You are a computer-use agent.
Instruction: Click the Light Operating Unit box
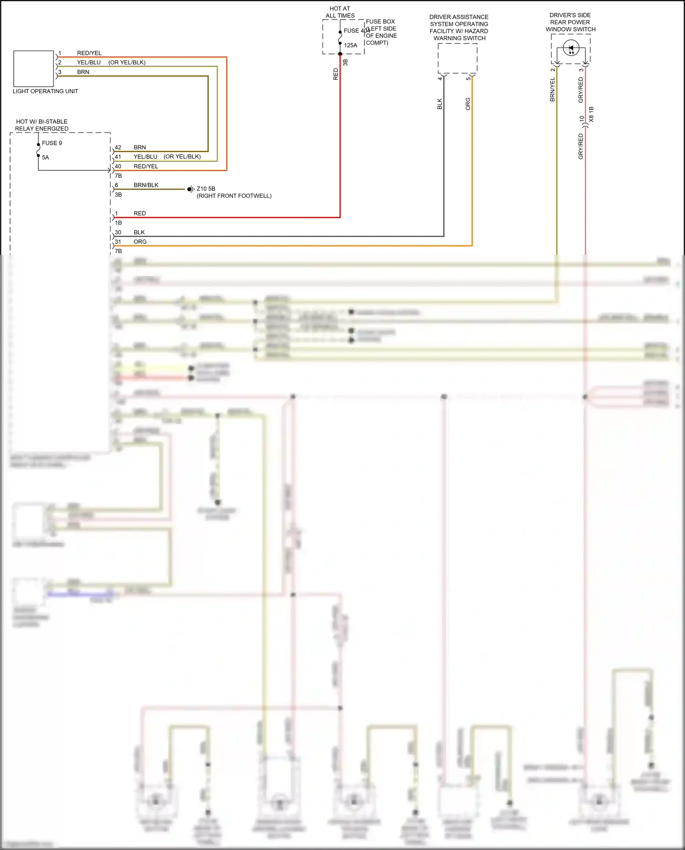tap(33, 69)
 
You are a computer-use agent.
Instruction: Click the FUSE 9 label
tap(52, 143)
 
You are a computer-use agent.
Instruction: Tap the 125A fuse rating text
tap(350, 45)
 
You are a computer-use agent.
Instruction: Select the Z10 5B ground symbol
tap(190, 189)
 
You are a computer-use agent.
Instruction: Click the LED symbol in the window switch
tap(571, 48)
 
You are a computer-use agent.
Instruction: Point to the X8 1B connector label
tap(591, 114)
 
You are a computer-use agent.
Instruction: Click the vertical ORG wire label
tap(468, 104)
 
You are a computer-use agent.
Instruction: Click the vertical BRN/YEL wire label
tap(553, 89)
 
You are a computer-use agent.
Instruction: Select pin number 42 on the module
tap(118, 148)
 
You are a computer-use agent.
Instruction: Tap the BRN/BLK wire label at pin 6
tap(146, 185)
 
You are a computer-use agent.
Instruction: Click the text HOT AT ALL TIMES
tap(340, 12)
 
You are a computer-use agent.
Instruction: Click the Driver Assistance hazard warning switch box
tap(458, 58)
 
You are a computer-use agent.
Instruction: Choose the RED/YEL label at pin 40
tap(146, 166)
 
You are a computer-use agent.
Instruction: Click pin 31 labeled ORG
tap(118, 242)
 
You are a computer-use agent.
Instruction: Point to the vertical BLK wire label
tap(440, 104)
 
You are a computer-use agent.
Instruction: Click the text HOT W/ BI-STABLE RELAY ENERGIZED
tap(42, 125)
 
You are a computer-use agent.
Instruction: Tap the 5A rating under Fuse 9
tap(45, 158)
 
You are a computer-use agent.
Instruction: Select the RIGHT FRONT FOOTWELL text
tap(234, 196)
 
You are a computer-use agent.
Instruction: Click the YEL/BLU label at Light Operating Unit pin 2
tap(89, 63)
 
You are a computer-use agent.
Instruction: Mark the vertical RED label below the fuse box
tap(336, 74)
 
